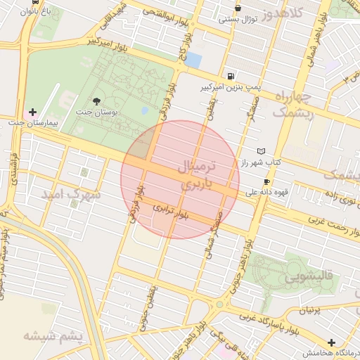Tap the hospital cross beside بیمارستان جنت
pos(32,112)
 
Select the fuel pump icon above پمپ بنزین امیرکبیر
pos(231,76)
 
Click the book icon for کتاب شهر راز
pos(262,151)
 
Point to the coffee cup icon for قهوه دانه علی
pos(266,181)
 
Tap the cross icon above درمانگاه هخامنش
pos(331,342)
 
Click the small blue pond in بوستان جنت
pos(145,110)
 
